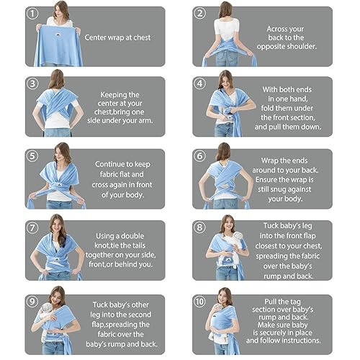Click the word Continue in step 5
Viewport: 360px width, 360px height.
pyautogui.click(x=111, y=164)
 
